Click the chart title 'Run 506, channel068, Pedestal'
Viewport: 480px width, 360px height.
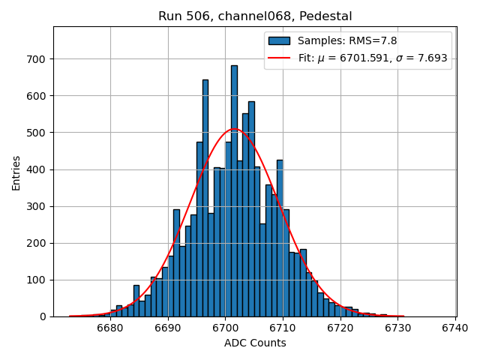click(x=255, y=16)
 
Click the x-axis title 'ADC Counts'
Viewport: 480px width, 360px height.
click(x=255, y=343)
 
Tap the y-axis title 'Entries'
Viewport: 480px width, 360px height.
click(x=16, y=173)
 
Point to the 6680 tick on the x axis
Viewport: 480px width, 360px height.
click(x=110, y=328)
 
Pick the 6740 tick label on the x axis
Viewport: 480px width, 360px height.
click(x=455, y=328)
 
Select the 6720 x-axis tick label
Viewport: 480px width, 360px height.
click(x=340, y=328)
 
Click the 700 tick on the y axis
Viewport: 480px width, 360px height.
click(x=37, y=59)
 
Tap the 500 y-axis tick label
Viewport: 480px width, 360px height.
click(x=37, y=133)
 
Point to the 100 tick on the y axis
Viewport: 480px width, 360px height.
click(x=37, y=280)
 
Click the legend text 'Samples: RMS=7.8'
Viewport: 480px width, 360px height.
click(x=347, y=40)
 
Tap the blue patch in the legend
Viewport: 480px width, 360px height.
click(x=279, y=40)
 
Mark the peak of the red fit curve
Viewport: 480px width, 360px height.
click(x=234, y=130)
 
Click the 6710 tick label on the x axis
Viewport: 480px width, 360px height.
click(x=283, y=328)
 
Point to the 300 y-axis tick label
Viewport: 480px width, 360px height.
click(x=37, y=206)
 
